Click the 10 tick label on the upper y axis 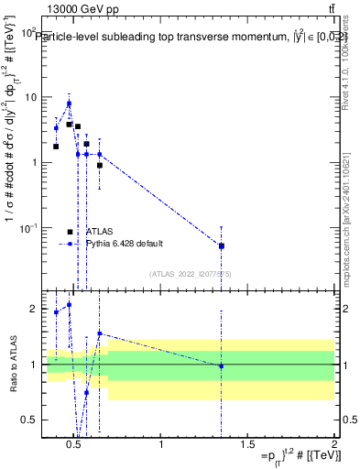pos(29,97)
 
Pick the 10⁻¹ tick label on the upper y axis pos(28,227)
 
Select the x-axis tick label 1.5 pos(247,446)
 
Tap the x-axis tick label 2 pos(333,446)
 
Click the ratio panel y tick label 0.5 pos(29,420)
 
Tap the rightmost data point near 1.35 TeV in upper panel pos(221,245)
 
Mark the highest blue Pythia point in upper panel pos(69,104)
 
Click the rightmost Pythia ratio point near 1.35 pos(221,365)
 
